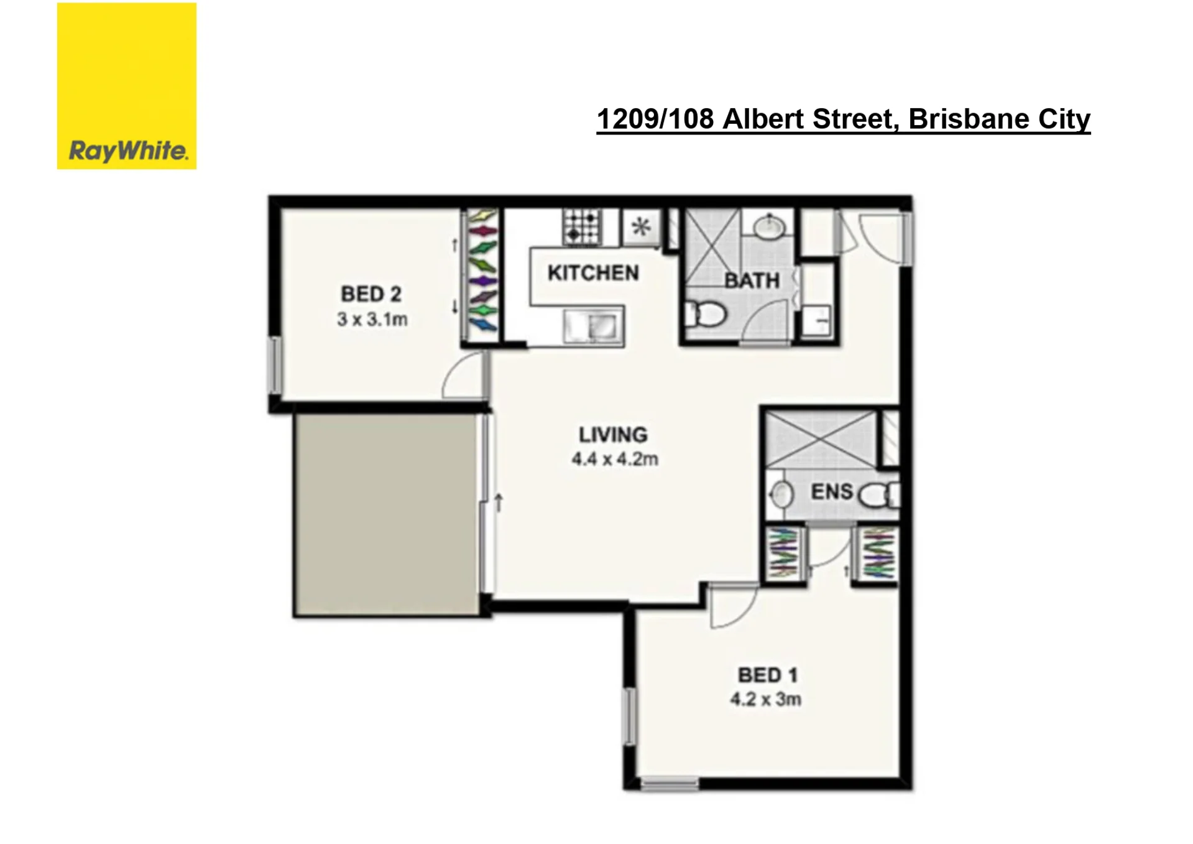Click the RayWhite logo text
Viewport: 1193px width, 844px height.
pyautogui.click(x=128, y=151)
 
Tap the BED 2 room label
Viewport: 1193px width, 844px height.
pyautogui.click(x=371, y=294)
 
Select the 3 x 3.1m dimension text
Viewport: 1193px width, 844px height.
pyautogui.click(x=372, y=320)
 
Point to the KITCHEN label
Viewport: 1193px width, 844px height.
pyautogui.click(x=593, y=273)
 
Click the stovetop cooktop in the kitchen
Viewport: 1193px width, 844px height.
pyautogui.click(x=582, y=227)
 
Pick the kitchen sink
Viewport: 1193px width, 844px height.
pyautogui.click(x=594, y=326)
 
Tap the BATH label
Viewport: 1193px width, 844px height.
pyautogui.click(x=752, y=281)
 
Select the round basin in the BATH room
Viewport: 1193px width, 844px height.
pyautogui.click(x=770, y=227)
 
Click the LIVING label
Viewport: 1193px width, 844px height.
pyautogui.click(x=613, y=435)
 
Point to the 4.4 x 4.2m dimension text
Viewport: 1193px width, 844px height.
pyautogui.click(x=615, y=459)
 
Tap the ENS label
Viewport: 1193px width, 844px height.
pyautogui.click(x=832, y=492)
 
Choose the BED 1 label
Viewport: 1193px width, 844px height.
pyautogui.click(x=768, y=675)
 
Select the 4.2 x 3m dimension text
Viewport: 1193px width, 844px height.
pyautogui.click(x=766, y=699)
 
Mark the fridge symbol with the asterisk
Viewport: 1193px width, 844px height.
pyautogui.click(x=640, y=226)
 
